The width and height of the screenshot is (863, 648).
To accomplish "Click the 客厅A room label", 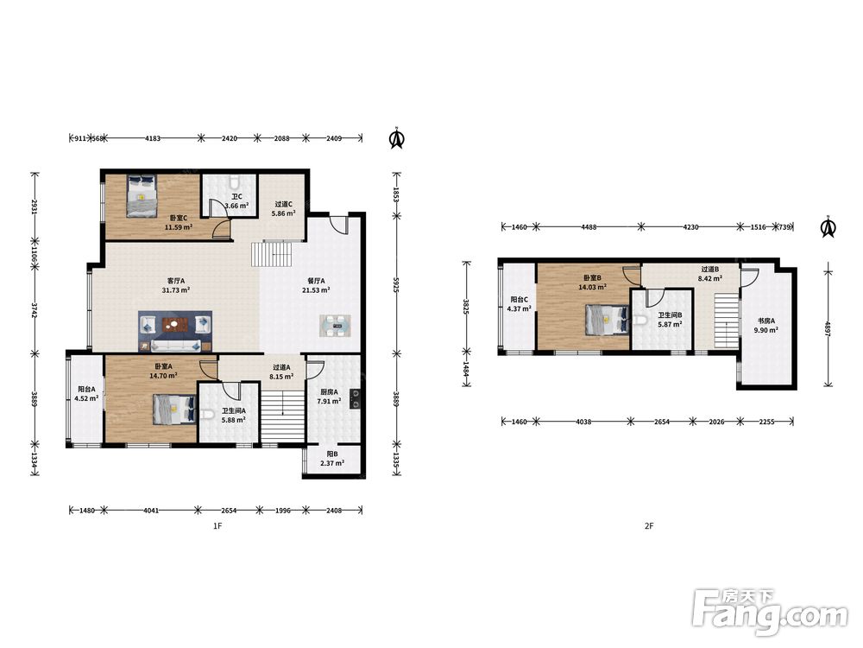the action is pyautogui.click(x=176, y=281).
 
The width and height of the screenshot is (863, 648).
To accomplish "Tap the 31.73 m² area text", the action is pyautogui.click(x=176, y=289).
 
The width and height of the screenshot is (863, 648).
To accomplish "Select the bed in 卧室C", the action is pyautogui.click(x=142, y=196).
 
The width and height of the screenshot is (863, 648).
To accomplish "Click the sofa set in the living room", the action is pyautogui.click(x=175, y=331).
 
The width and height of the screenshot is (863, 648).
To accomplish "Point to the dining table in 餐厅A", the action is pyautogui.click(x=335, y=326).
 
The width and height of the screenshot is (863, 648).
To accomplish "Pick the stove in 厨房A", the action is pyautogui.click(x=356, y=399).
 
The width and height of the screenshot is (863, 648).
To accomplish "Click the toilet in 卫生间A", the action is pyautogui.click(x=206, y=414).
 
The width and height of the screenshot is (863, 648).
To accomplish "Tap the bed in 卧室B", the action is pyautogui.click(x=607, y=320).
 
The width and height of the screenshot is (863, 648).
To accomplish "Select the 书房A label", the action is pyautogui.click(x=765, y=321).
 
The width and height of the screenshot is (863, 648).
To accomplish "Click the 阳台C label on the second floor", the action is pyautogui.click(x=519, y=300).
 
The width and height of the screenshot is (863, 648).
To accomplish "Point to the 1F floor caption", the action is pyautogui.click(x=217, y=526).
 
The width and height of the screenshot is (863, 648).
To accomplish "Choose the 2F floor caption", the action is pyautogui.click(x=649, y=526).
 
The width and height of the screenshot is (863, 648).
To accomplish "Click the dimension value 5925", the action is pyautogui.click(x=396, y=284).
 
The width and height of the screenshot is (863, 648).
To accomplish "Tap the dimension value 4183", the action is pyautogui.click(x=153, y=138).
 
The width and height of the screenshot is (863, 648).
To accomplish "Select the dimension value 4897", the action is pyautogui.click(x=828, y=328).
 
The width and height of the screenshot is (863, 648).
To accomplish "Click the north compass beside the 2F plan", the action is pyautogui.click(x=828, y=227).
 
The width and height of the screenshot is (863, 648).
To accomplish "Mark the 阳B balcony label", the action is pyautogui.click(x=332, y=454).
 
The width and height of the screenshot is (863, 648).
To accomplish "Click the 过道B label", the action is pyautogui.click(x=710, y=270).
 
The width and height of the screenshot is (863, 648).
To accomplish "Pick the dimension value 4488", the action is pyautogui.click(x=589, y=227).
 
